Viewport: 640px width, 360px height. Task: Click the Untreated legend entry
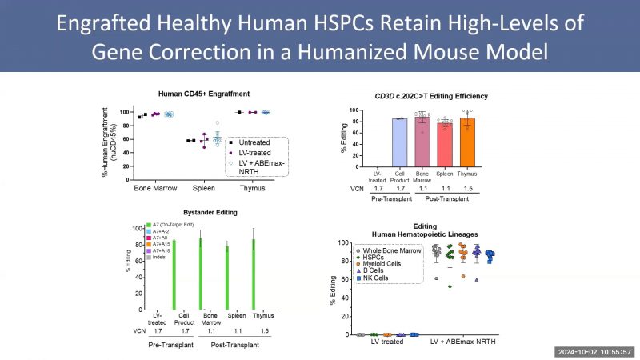click(x=254, y=141)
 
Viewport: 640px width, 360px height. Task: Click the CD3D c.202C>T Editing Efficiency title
click(x=432, y=96)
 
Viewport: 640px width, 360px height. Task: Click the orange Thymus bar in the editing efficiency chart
click(x=468, y=142)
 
